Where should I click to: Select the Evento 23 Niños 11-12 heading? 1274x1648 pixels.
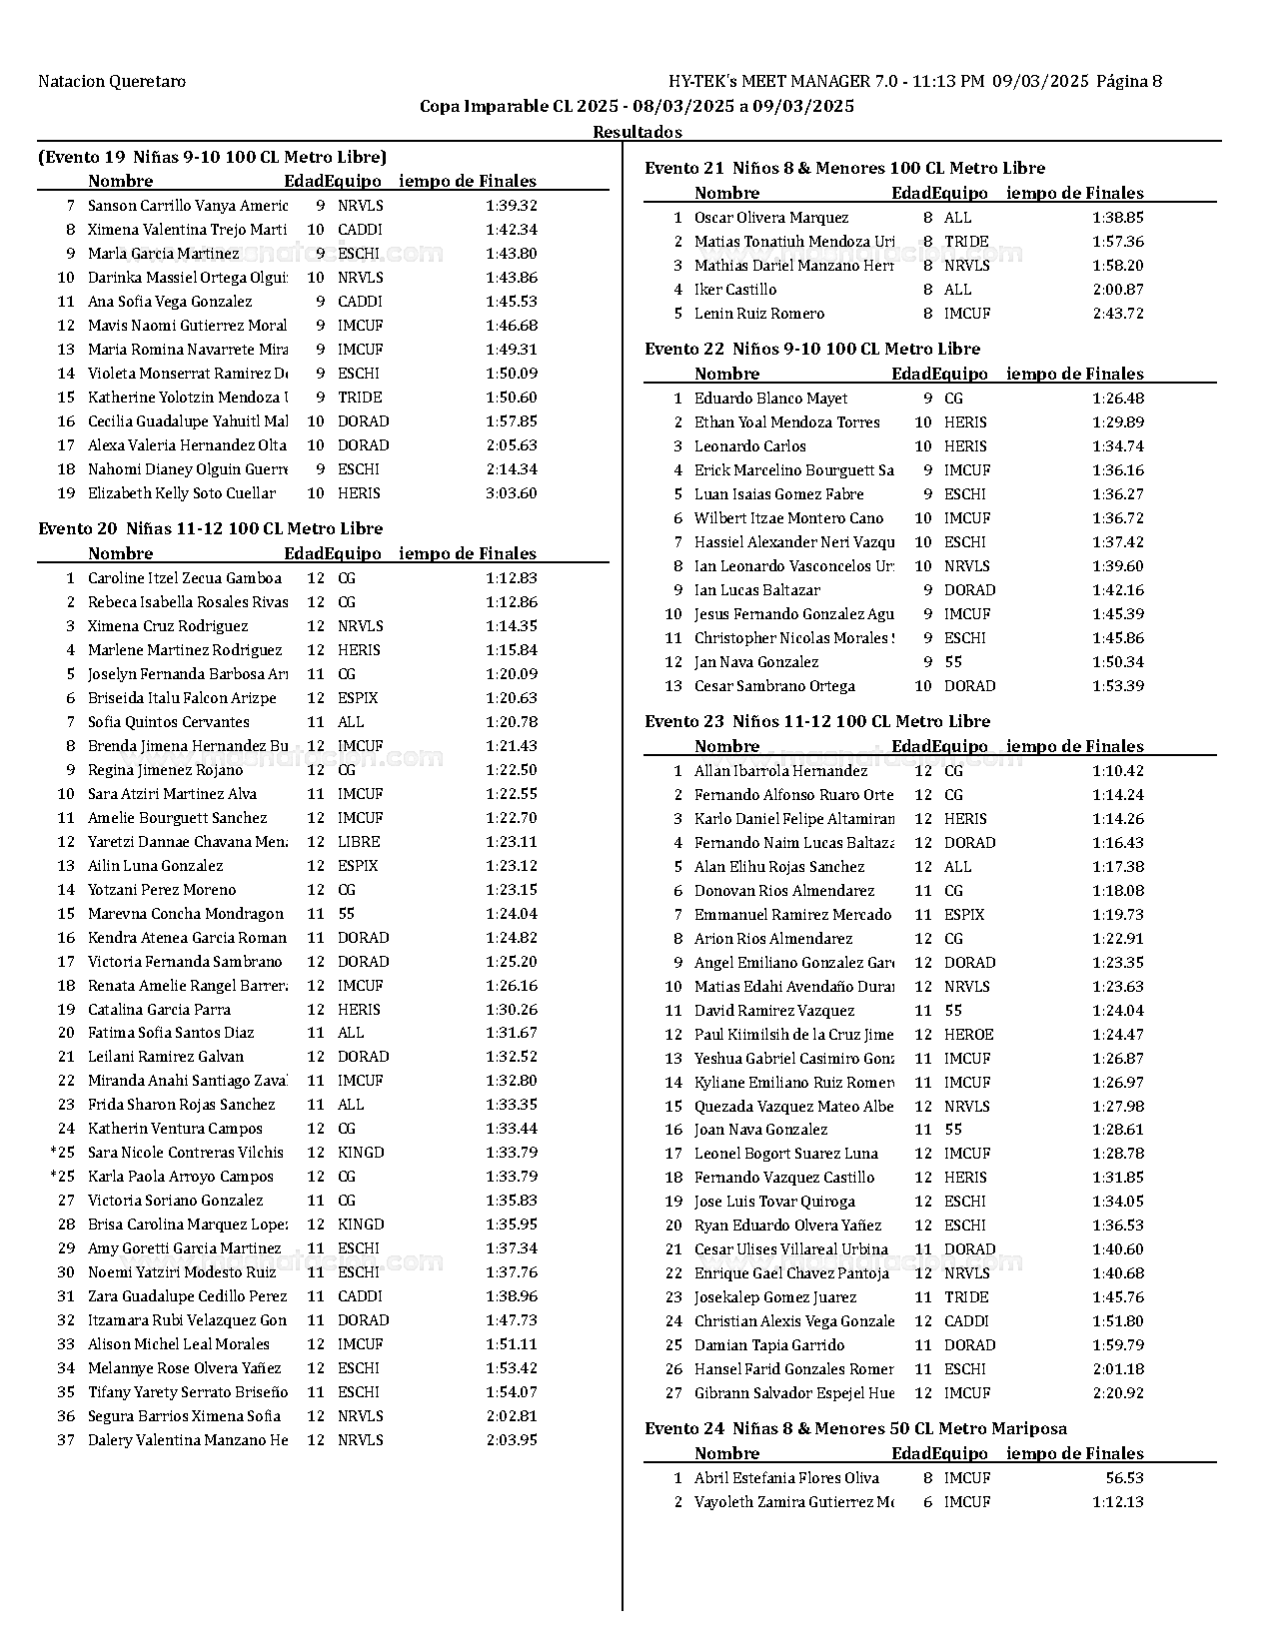tap(817, 721)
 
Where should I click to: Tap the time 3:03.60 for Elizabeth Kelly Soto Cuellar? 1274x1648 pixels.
tap(511, 493)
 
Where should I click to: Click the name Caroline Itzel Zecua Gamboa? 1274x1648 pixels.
tap(185, 578)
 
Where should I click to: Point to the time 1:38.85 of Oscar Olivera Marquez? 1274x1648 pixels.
tap(1118, 218)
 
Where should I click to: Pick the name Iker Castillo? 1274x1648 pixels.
tap(734, 290)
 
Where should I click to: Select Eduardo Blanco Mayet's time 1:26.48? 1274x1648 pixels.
tap(1118, 399)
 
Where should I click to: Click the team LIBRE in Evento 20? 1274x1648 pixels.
tap(359, 842)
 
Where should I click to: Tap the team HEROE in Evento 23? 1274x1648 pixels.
tap(968, 1035)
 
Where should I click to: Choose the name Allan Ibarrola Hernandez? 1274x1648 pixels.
tap(780, 771)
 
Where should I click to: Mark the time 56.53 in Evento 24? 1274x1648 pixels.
tap(1124, 1478)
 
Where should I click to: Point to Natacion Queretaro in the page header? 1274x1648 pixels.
tap(112, 82)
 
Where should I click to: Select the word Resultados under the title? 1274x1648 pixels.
tap(637, 132)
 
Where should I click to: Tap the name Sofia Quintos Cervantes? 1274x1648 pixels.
tap(168, 722)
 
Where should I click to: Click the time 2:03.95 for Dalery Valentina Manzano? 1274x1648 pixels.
tap(511, 1440)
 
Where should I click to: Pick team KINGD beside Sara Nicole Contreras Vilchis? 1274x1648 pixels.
tap(360, 1153)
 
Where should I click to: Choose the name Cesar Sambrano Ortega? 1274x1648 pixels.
tap(774, 686)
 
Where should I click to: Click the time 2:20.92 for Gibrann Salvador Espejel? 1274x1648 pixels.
tap(1118, 1393)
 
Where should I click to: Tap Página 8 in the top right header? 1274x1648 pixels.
tap(1129, 82)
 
